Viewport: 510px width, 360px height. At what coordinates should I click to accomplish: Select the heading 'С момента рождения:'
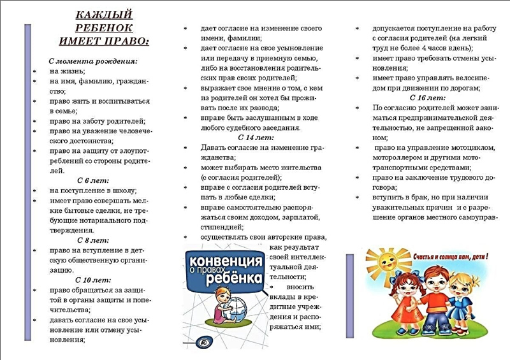pyautogui.click(x=93, y=61)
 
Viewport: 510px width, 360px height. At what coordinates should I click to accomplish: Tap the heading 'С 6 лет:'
pyautogui.click(x=93, y=180)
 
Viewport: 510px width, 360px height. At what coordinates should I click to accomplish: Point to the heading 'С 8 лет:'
pyautogui.click(x=93, y=240)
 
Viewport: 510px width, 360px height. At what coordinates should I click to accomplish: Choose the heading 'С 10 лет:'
pyautogui.click(x=93, y=280)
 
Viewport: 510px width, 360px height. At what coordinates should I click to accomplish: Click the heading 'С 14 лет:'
pyautogui.click(x=254, y=138)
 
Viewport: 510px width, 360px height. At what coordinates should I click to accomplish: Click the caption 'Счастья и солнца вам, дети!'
pyautogui.click(x=450, y=257)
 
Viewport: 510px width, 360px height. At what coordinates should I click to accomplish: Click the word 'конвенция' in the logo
pyautogui.click(x=224, y=261)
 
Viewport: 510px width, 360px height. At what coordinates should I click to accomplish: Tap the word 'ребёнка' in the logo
pyautogui.click(x=236, y=278)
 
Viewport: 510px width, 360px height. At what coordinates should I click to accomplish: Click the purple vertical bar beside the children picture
pyautogui.click(x=349, y=296)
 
